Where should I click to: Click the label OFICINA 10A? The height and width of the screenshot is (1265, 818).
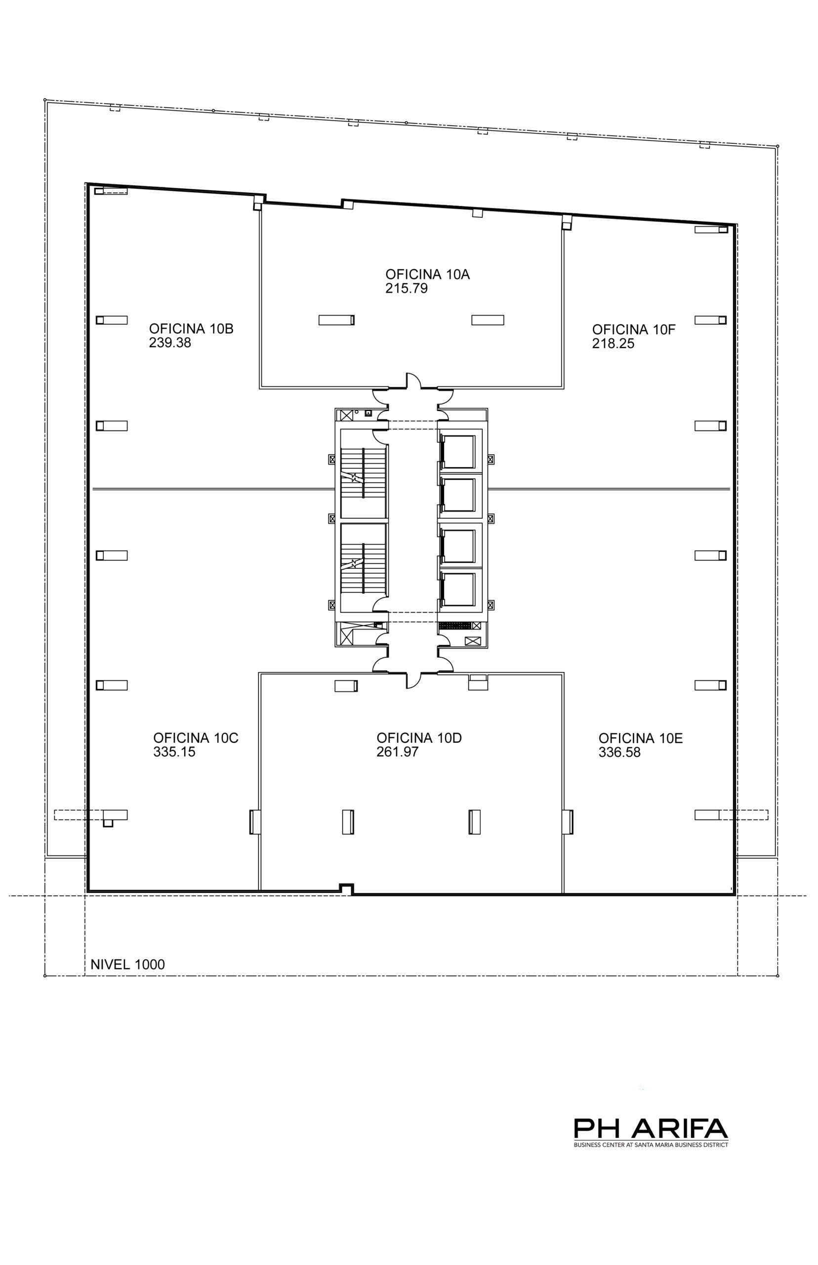click(428, 275)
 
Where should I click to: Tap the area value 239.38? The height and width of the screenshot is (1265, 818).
click(170, 342)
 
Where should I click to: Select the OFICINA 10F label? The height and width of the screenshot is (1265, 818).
click(634, 330)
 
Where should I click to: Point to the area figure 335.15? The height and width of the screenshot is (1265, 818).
click(174, 752)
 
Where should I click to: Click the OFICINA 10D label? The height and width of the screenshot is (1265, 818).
click(419, 737)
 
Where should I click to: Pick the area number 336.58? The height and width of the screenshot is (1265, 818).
click(619, 752)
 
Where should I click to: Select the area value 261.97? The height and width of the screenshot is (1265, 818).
click(397, 752)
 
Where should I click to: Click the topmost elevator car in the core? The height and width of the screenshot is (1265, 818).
click(458, 452)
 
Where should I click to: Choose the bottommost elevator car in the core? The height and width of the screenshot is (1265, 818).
click(458, 589)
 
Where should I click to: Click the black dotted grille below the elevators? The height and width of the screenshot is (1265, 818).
click(454, 625)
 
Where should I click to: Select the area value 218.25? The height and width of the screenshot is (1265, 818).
click(613, 344)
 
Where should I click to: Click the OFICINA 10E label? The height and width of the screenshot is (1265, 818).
click(641, 738)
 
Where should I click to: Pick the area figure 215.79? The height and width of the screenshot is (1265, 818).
click(407, 289)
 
